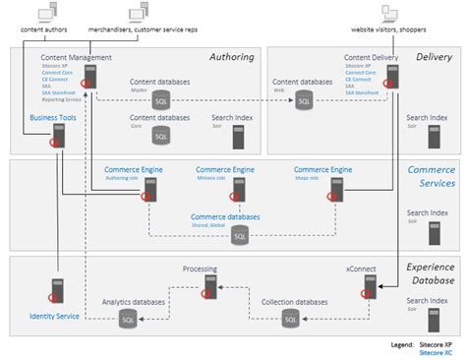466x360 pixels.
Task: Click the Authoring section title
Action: (x=231, y=57)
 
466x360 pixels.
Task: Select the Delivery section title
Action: (x=433, y=57)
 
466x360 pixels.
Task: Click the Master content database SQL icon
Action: (x=160, y=99)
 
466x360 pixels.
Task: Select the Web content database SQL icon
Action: (x=304, y=99)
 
